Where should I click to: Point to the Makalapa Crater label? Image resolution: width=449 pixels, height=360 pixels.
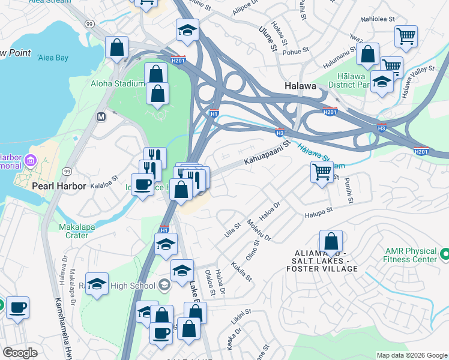pos(82,231)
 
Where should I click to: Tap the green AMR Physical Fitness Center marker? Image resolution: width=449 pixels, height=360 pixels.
pos(445,255)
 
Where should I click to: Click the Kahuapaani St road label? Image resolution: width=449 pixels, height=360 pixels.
pos(267,154)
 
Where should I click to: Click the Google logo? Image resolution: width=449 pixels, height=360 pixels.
pos(20,353)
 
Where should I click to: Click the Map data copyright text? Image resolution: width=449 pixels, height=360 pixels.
pos(412,355)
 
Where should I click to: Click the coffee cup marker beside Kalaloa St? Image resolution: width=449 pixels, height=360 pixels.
pos(143,184)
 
